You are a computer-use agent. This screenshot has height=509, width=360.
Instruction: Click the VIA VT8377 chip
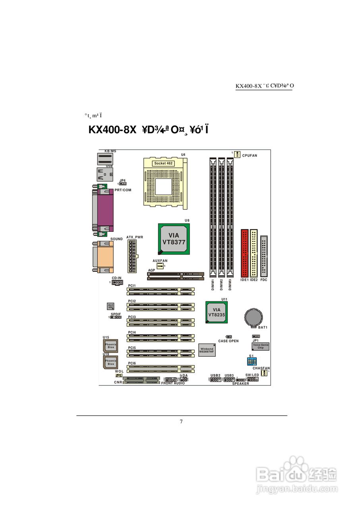[x=174, y=239]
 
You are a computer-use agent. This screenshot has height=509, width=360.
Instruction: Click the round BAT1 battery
[x=253, y=317]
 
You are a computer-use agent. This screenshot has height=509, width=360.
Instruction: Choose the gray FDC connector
[x=264, y=256]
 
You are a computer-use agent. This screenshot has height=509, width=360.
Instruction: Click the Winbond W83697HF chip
[x=207, y=350]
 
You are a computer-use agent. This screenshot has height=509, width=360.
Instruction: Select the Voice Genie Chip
[x=261, y=346]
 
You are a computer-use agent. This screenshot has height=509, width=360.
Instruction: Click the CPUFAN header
[x=237, y=154]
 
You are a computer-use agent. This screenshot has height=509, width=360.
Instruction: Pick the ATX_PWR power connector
[x=132, y=256]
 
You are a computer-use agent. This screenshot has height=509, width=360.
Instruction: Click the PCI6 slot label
[x=132, y=363]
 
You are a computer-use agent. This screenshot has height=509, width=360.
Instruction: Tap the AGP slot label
[x=151, y=270]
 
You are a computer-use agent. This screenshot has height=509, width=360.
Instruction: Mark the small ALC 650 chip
[x=110, y=306]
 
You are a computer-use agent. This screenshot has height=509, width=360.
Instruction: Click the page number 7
[x=181, y=422]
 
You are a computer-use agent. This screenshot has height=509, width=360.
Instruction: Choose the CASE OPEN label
[x=228, y=341]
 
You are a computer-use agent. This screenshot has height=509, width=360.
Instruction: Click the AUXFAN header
[x=160, y=266]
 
